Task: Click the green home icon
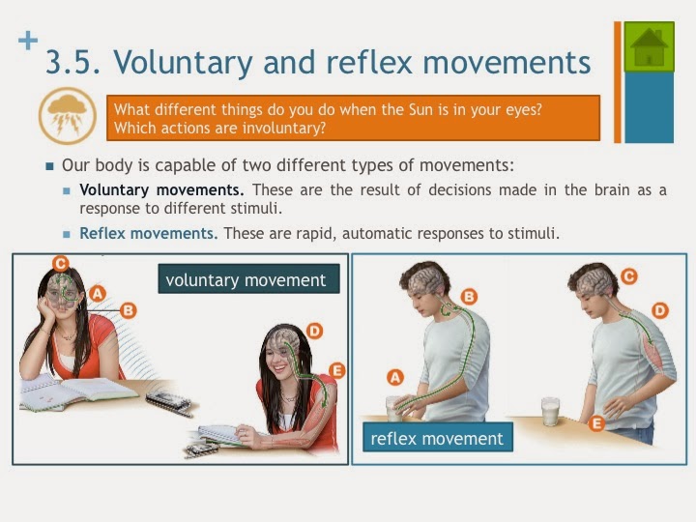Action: click(x=649, y=46)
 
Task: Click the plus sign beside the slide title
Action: click(x=29, y=41)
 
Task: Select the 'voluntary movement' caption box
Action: click(x=248, y=280)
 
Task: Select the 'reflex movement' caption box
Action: click(x=437, y=438)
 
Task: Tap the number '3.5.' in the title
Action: click(x=74, y=63)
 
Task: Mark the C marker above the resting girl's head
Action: click(x=60, y=262)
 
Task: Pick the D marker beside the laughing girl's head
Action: click(x=314, y=331)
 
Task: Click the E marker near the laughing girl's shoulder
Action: click(x=336, y=369)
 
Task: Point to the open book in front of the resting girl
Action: click(x=77, y=391)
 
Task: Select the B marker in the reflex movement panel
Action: click(x=469, y=296)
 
